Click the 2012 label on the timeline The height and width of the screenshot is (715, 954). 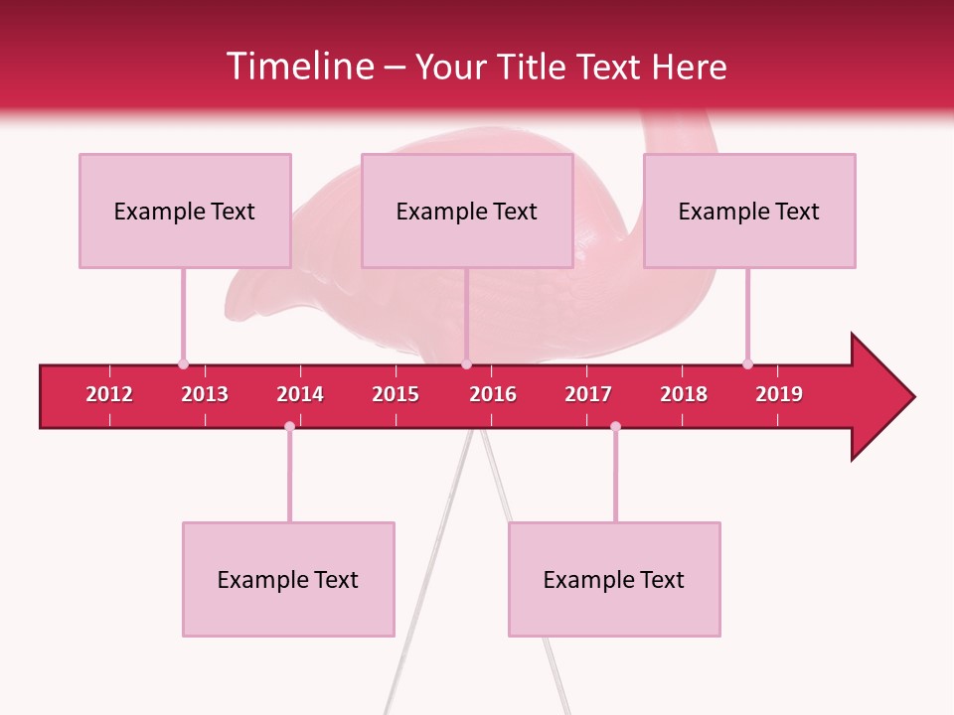[109, 394]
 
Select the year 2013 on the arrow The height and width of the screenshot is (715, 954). [205, 394]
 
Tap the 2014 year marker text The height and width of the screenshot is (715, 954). [300, 394]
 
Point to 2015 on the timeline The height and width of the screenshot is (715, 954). [396, 394]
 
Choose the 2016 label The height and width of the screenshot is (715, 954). [493, 394]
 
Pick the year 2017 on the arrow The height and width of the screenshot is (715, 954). [588, 394]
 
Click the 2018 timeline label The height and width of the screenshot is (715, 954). [684, 394]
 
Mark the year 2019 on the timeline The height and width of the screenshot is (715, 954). [779, 394]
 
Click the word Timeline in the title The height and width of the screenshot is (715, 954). [298, 67]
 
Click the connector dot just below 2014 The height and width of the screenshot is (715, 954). [289, 426]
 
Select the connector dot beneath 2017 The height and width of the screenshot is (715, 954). [615, 426]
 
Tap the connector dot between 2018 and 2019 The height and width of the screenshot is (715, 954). [747, 363]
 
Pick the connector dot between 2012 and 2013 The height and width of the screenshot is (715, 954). [183, 363]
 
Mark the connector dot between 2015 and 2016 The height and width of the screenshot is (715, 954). [466, 363]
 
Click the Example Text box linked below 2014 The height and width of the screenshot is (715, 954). [288, 579]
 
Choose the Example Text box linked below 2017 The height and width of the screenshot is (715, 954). [614, 579]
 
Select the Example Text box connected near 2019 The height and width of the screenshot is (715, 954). [749, 211]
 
